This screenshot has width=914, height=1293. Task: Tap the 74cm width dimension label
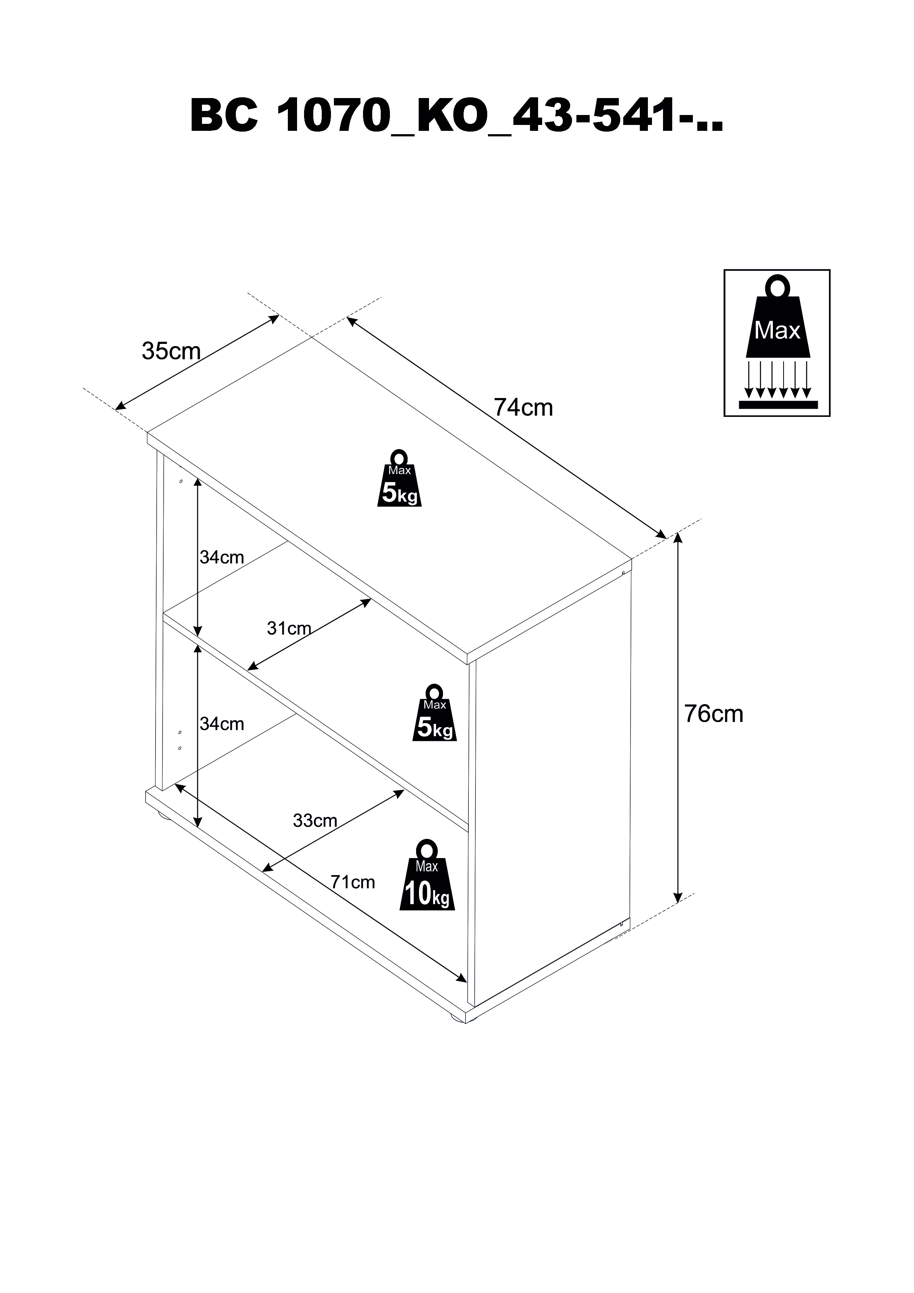point(523,407)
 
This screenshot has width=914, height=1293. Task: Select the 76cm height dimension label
point(714,714)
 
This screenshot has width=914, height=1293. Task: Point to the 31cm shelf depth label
point(289,628)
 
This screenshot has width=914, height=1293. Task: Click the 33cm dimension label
point(315,820)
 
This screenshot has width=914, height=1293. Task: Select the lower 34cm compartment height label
point(222,724)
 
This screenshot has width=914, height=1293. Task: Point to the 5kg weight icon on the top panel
point(399,479)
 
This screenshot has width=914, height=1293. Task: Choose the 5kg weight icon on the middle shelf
point(434,713)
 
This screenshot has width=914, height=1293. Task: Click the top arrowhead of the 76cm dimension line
point(678,537)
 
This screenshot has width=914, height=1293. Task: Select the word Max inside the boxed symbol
point(777,331)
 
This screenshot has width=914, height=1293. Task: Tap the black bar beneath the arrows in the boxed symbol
point(777,404)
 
